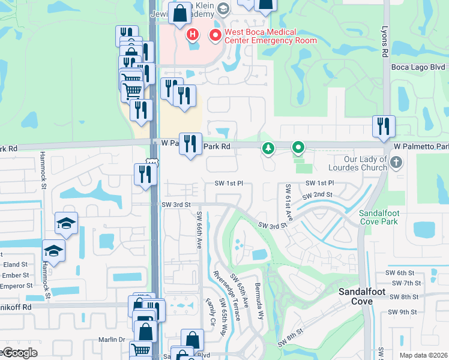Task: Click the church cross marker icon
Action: [396, 163]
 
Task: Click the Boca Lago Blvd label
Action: [418, 68]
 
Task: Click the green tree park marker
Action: [268, 147]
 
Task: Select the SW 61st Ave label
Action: [288, 201]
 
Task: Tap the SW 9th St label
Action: [402, 311]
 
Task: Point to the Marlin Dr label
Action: [112, 340]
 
